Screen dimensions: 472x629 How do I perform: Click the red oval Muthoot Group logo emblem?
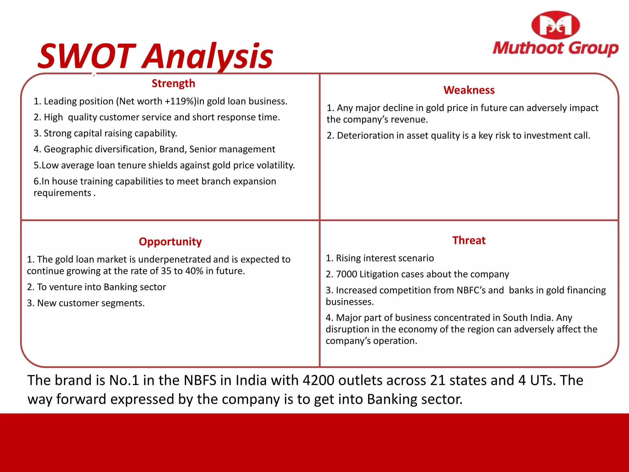point(555,25)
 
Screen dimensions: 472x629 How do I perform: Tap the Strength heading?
point(173,83)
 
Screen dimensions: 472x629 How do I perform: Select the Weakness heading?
point(469,90)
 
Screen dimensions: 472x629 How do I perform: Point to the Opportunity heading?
point(170,242)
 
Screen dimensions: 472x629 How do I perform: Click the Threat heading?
point(469,240)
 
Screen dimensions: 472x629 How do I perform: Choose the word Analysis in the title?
point(208,57)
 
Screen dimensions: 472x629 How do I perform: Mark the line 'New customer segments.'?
point(86,303)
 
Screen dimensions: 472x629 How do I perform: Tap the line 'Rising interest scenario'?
point(380,258)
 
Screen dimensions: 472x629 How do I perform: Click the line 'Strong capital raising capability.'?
point(105,133)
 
